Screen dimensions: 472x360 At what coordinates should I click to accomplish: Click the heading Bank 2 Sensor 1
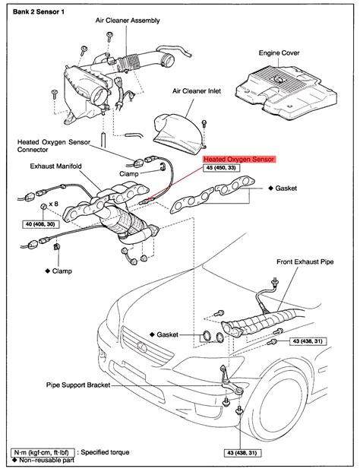click(x=36, y=8)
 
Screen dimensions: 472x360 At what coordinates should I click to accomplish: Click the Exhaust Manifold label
click(x=58, y=165)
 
